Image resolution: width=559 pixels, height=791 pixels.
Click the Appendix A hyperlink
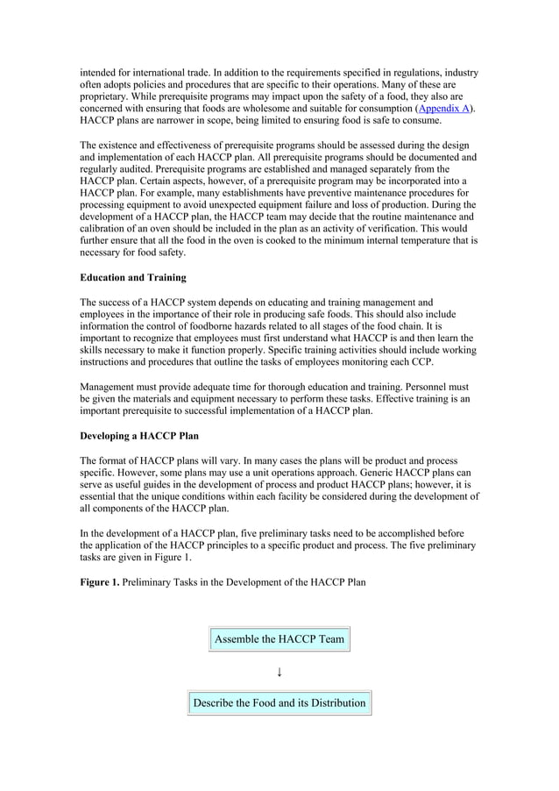click(444, 108)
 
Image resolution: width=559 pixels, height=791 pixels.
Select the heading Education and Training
click(132, 278)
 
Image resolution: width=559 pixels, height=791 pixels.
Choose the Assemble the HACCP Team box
click(279, 639)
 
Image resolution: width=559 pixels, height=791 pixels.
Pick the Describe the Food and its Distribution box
click(279, 702)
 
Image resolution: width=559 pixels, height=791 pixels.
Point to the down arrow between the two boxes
click(279, 673)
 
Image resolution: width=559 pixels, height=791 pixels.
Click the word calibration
click(110, 227)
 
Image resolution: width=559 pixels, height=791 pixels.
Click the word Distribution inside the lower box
click(331, 702)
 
